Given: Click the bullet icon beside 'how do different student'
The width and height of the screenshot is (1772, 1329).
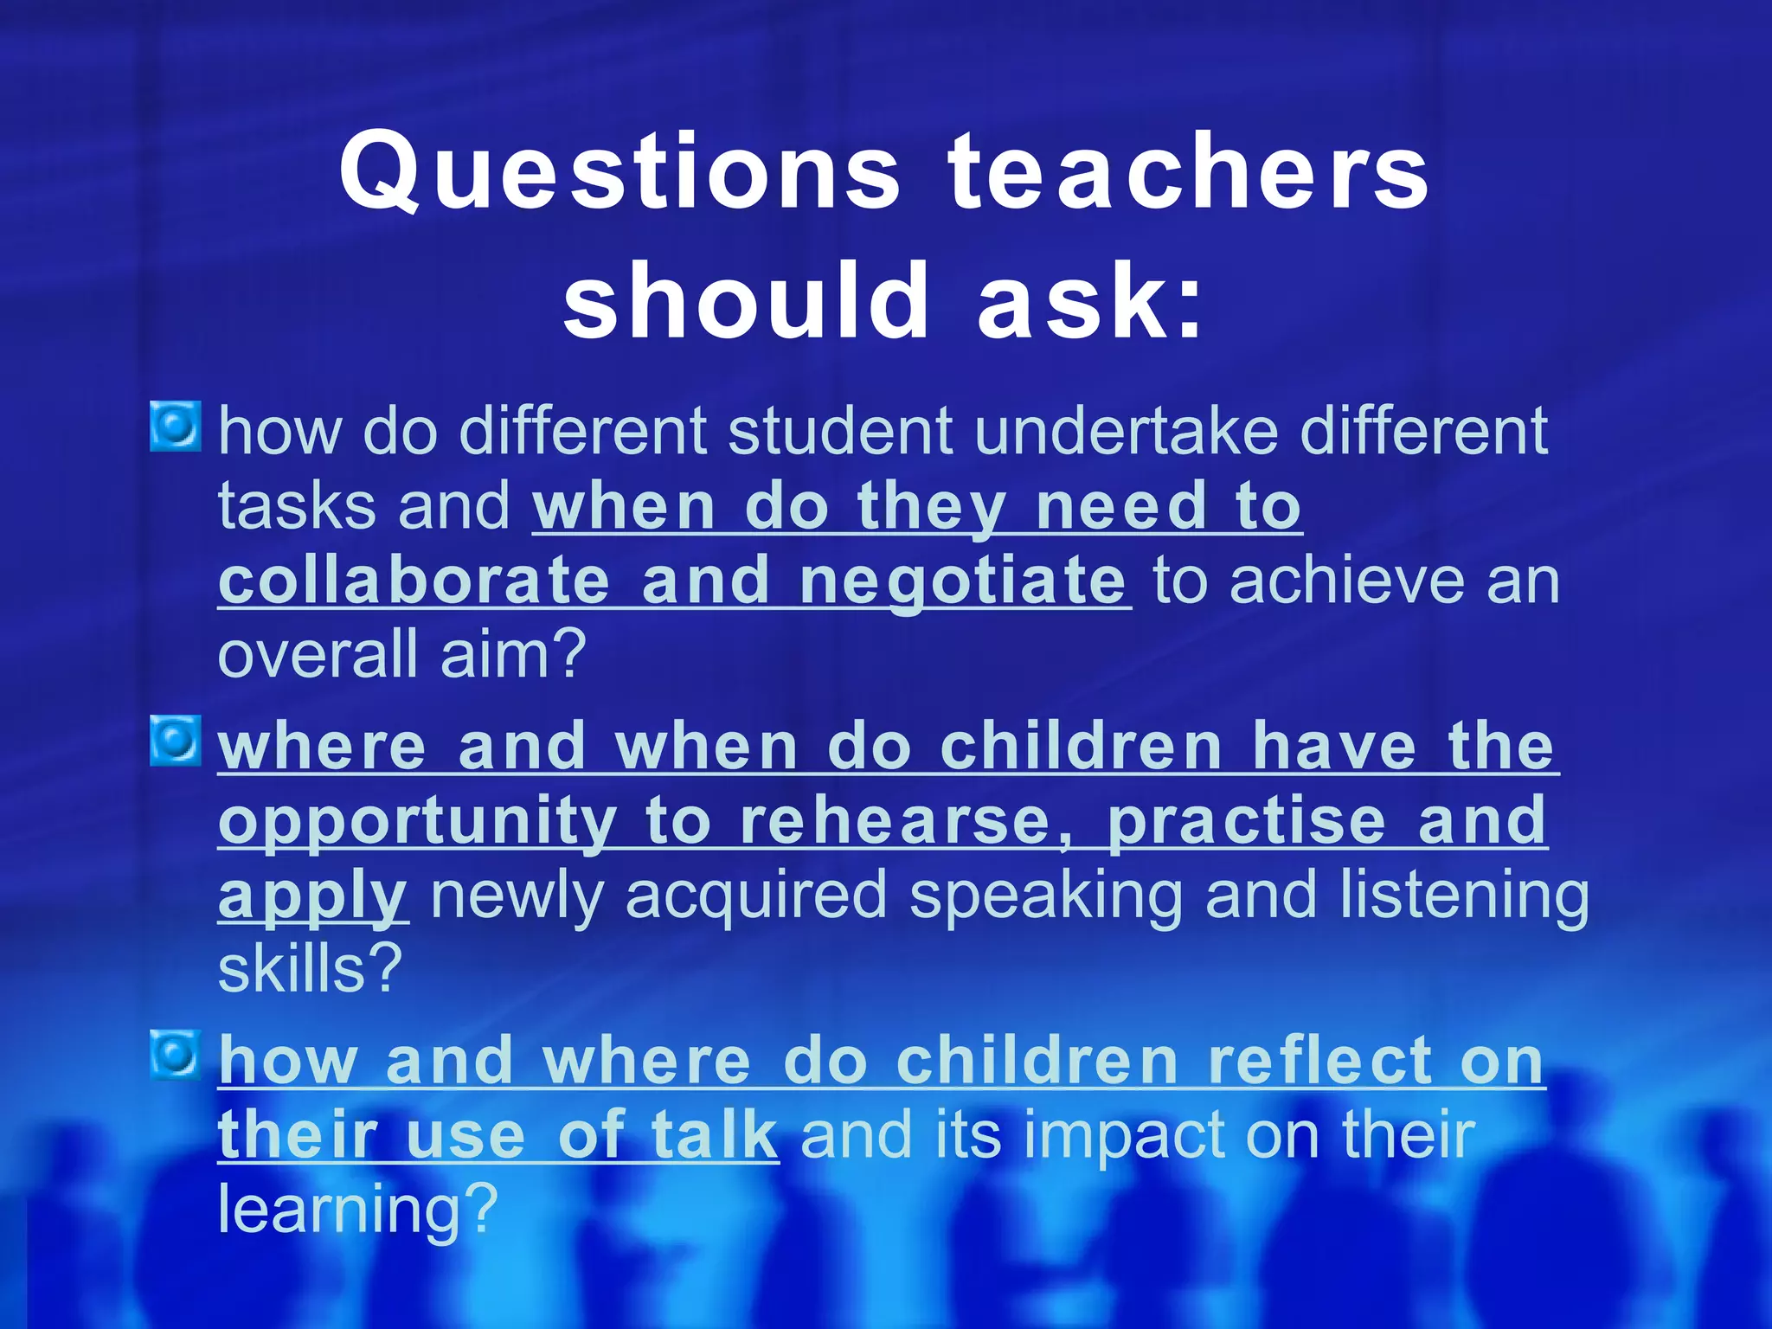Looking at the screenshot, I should coord(176,426).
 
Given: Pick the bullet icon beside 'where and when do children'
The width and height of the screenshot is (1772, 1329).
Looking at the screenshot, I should coord(176,741).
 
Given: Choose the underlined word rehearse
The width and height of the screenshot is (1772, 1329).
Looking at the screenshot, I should coord(896,821).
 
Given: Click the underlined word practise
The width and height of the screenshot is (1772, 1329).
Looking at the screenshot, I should coord(1247,821).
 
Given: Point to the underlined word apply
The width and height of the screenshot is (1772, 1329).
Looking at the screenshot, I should coord(312,897).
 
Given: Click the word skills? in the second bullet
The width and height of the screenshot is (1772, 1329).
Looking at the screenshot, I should coord(311,969).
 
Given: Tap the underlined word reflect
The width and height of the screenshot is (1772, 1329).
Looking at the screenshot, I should coord(1321,1061).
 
